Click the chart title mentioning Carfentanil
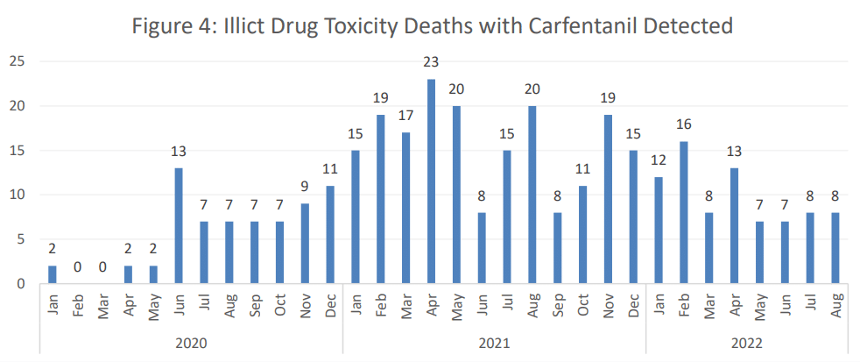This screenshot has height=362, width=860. (432, 26)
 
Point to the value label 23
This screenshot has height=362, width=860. (431, 62)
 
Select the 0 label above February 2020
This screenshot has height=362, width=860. (77, 266)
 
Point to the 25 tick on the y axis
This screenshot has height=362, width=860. (18, 61)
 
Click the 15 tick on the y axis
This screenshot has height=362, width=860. (18, 151)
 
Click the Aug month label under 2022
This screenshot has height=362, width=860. (836, 306)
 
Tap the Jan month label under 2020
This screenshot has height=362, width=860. (53, 306)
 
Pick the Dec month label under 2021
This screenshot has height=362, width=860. (633, 306)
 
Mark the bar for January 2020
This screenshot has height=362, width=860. (53, 274)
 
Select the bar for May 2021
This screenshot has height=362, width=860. (456, 195)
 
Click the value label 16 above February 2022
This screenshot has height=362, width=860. (684, 124)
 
